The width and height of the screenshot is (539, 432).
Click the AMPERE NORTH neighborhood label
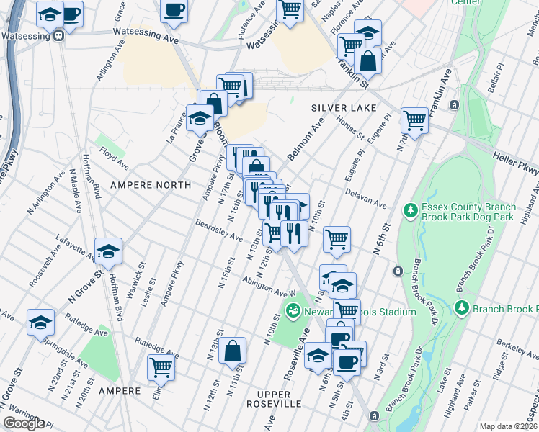[151, 185]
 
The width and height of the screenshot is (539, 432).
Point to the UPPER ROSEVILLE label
[273, 399]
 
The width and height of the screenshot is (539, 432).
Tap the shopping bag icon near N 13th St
[233, 352]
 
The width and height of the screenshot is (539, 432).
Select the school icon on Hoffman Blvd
[108, 251]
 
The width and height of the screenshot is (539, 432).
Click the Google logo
[24, 423]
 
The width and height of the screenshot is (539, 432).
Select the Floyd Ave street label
[113, 153]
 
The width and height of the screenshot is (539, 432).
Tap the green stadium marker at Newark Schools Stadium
[293, 312]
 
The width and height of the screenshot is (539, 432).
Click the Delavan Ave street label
[366, 199]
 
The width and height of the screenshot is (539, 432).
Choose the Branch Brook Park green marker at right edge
[463, 309]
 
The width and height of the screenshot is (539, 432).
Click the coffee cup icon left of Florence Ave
[174, 10]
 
